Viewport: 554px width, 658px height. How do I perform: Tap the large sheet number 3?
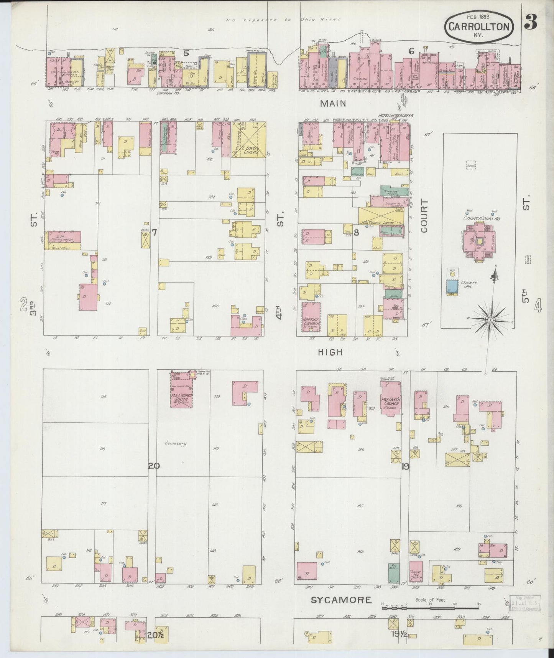[x=531, y=23]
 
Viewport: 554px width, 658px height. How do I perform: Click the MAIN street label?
[x=333, y=103]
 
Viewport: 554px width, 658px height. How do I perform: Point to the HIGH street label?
[x=330, y=352]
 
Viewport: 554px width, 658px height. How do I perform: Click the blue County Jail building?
[x=452, y=286]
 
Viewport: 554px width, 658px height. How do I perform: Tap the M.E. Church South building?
[x=182, y=390]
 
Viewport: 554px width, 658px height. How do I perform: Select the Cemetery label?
[x=176, y=443]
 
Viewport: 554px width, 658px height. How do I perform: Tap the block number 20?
[x=154, y=466]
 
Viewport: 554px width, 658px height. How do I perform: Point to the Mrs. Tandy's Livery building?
[x=381, y=217]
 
